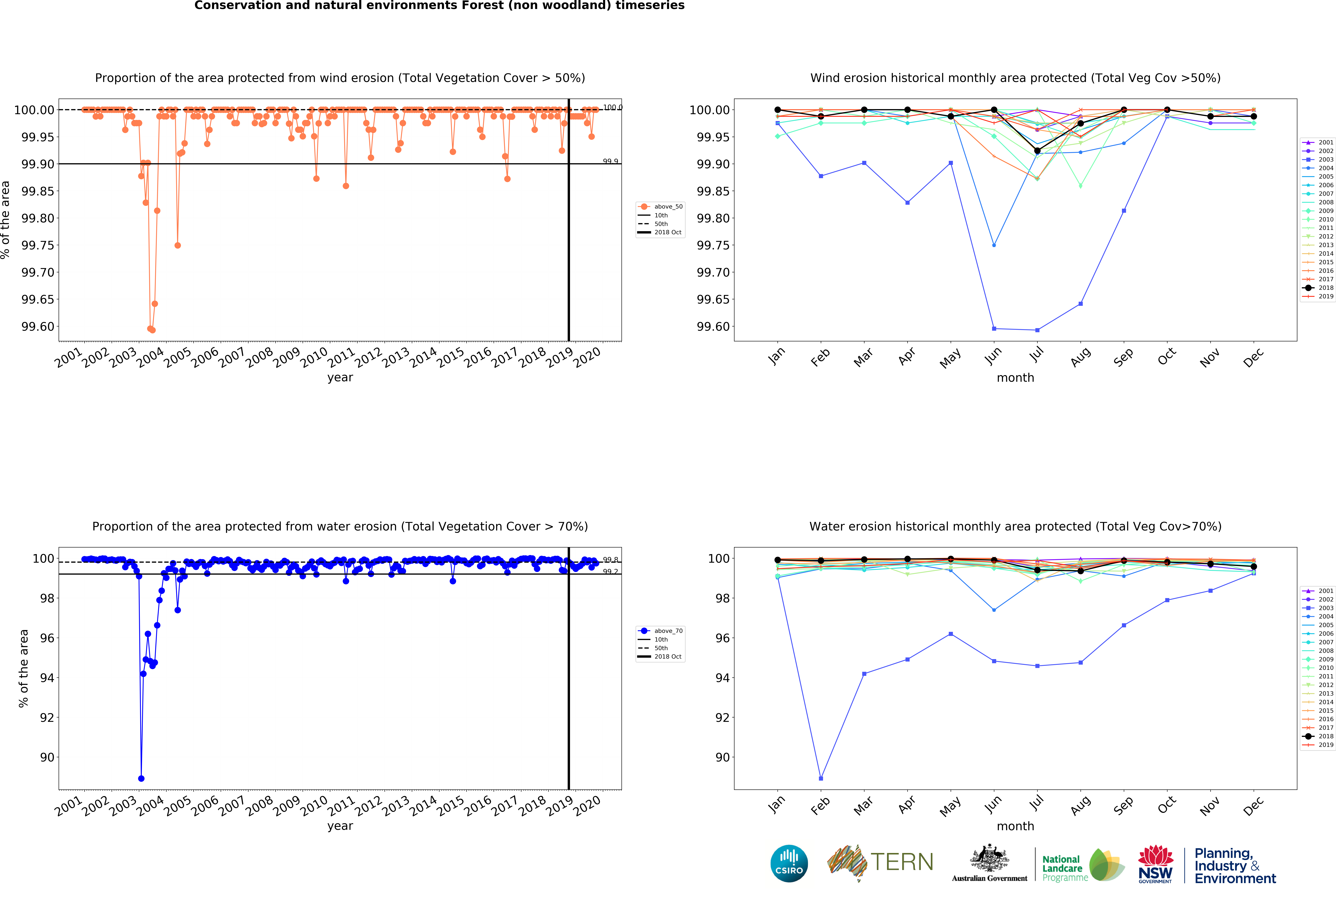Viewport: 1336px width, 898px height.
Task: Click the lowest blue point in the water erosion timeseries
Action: pos(141,778)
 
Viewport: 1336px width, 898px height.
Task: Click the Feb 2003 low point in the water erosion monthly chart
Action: pos(821,778)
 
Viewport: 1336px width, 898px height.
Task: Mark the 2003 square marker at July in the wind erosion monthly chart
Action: pos(1037,330)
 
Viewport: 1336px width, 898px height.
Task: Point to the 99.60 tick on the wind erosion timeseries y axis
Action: pos(38,326)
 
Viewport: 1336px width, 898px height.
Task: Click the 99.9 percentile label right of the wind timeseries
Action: pos(610,162)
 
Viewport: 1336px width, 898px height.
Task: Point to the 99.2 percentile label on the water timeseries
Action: pos(610,572)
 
